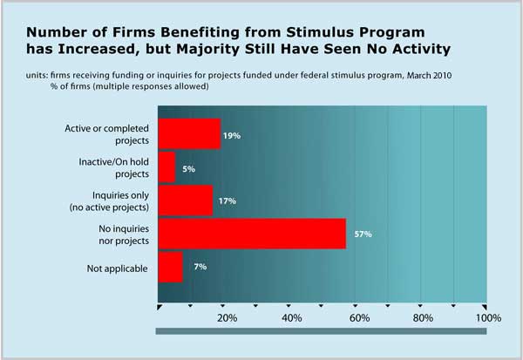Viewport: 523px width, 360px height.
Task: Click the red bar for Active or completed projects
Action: [x=188, y=134]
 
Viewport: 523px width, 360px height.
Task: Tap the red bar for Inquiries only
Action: [x=185, y=200]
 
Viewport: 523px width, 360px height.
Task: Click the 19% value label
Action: [x=232, y=136]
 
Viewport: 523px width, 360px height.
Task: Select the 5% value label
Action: [x=188, y=168]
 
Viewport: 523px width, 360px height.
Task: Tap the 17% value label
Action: [x=224, y=200]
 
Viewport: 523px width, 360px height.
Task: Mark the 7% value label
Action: [x=200, y=267]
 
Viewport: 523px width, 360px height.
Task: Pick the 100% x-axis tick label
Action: [x=486, y=319]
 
